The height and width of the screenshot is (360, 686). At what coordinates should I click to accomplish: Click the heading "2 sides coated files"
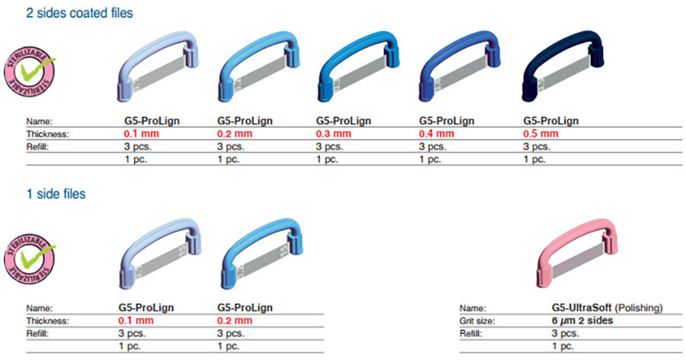tap(79, 13)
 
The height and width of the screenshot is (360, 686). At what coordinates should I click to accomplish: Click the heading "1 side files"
tap(56, 194)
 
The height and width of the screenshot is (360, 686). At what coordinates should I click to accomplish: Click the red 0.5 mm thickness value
tap(540, 133)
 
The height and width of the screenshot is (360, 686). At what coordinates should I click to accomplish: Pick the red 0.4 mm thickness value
tap(437, 133)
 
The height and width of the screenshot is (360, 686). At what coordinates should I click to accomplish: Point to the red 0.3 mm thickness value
tap(333, 133)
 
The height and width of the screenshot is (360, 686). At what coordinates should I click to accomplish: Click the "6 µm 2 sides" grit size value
tap(582, 320)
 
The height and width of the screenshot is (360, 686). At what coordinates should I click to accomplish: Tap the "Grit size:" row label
tap(477, 321)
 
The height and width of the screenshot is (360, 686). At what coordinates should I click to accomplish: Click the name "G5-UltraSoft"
tap(582, 308)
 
